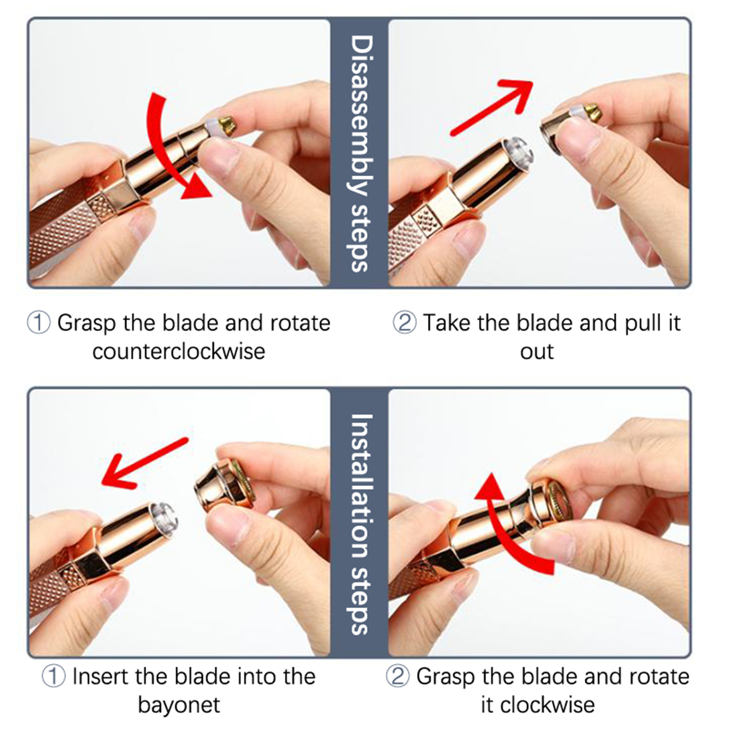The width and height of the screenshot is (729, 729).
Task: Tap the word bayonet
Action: [179, 705]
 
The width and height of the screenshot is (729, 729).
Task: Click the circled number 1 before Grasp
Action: [39, 323]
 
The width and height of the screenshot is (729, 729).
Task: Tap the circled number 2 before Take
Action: [404, 323]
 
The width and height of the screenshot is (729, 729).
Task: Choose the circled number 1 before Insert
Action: [54, 677]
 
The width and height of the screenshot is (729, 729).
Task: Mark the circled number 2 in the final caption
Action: [398, 677]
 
